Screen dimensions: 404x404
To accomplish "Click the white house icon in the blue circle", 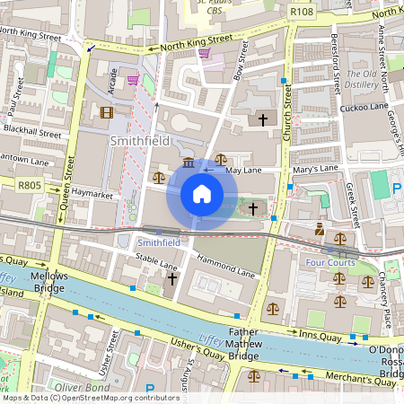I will click(202, 194).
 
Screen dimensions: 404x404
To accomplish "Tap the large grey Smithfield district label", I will click(139, 141).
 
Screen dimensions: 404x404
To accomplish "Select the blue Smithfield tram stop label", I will click(159, 242).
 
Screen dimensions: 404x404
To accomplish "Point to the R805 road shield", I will click(30, 183).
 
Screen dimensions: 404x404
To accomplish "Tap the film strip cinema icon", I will click(109, 112).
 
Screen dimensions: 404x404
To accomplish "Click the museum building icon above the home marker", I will click(189, 162).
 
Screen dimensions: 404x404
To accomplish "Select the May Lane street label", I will click(242, 169).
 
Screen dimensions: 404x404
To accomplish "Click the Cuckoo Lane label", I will click(364, 109).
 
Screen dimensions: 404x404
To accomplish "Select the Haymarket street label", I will click(96, 193).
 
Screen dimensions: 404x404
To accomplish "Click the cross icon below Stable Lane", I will click(171, 279).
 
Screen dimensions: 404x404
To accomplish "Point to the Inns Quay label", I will click(320, 335).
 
